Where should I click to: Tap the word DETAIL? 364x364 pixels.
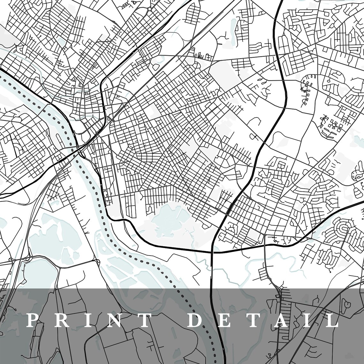[x=262, y=321]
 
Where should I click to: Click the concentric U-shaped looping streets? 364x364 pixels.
[x=344, y=228]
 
